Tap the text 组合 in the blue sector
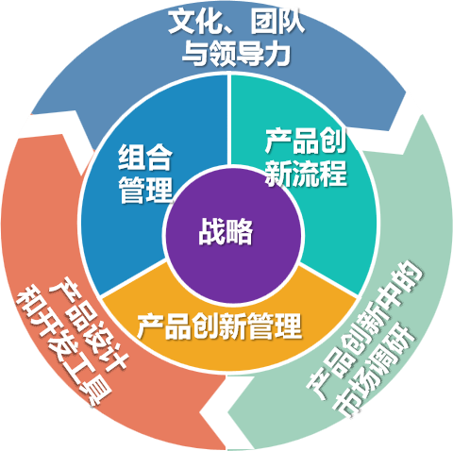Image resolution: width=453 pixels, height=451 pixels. pos(145,157)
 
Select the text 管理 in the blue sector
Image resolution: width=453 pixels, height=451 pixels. pos(145,190)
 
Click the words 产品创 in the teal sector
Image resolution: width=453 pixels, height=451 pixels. pos(306,141)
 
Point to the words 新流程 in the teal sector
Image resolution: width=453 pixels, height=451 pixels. pos(306,173)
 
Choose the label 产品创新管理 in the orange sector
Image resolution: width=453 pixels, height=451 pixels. pos(219,326)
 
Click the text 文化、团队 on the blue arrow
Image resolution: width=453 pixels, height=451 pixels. pos(237,22)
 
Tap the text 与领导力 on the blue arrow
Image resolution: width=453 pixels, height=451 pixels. pos(236,53)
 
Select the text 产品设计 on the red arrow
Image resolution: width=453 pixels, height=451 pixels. pos(89,324)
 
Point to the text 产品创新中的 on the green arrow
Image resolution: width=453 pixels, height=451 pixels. pos(364,329)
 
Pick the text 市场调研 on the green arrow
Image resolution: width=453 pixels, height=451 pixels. pos(374,370)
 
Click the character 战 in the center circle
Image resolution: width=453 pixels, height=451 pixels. pos(211,232)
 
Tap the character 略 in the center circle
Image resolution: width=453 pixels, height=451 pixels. pos(240,232)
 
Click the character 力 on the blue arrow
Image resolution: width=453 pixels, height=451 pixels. pos(277,53)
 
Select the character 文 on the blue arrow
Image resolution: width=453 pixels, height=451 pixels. pos(182,22)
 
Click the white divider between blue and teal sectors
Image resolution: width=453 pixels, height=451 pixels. pos(229,120)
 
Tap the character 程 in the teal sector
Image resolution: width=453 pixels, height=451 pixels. pos(334,173)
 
